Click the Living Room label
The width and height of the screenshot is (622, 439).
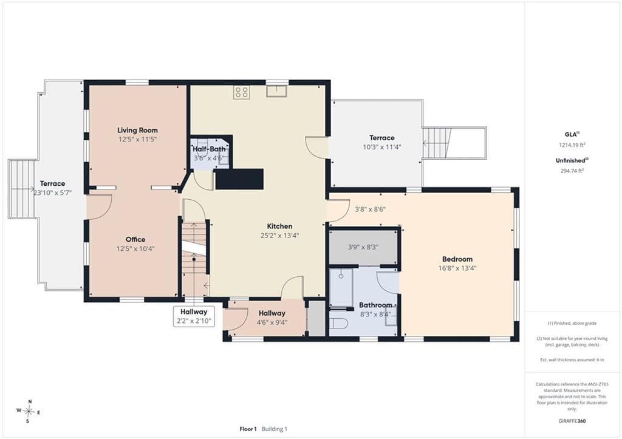137,130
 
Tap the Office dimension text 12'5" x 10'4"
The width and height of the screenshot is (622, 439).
135,249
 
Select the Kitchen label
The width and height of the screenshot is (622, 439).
279,226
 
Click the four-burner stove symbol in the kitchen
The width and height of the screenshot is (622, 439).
241,92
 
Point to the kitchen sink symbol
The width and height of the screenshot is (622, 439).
277,91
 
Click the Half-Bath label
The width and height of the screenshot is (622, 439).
209,149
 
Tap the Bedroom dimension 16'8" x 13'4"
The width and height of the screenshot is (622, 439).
457,268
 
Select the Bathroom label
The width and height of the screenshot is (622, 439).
375,305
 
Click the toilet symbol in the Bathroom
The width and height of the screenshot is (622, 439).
339,324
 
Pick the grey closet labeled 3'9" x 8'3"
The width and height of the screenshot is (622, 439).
363,247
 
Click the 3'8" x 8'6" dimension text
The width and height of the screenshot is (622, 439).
370,209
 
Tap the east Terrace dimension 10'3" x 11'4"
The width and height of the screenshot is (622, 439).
382,147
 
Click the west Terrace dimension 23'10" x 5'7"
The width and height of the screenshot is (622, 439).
52,193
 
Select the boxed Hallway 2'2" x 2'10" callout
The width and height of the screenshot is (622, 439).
194,316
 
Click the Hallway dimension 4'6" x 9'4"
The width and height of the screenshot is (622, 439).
272,322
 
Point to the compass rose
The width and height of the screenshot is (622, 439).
29,411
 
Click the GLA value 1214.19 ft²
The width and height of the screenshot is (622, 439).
572,145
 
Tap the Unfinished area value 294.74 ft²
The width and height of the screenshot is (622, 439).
572,171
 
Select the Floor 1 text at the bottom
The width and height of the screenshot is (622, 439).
248,429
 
